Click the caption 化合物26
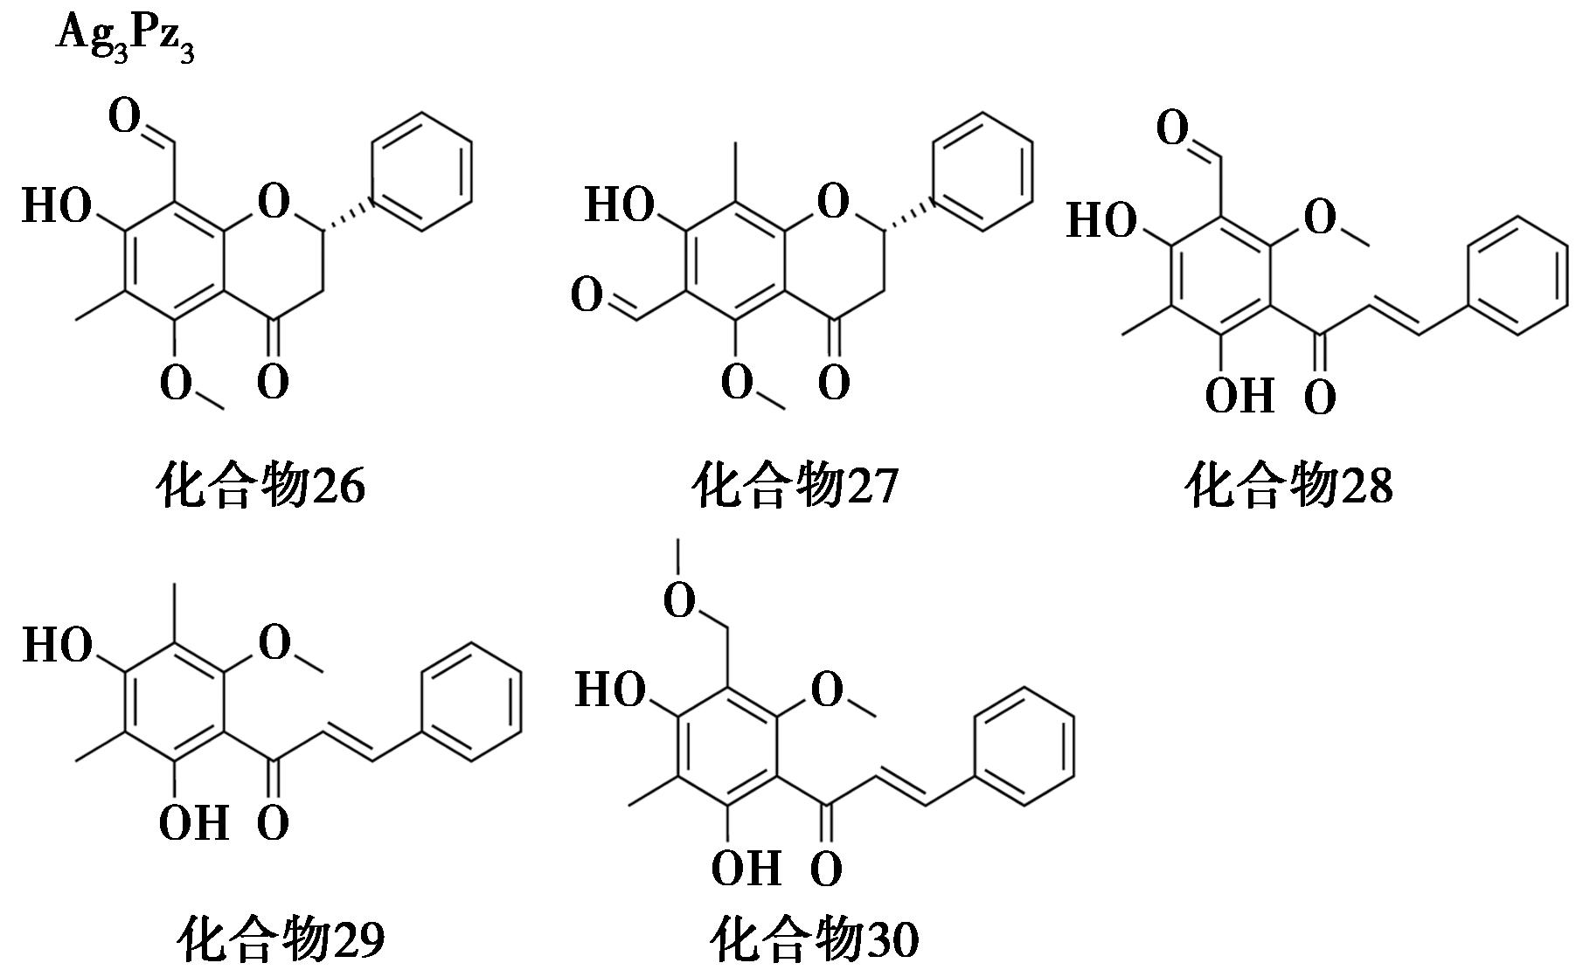pos(260,486)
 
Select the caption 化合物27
pos(795,486)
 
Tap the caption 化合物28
pos(1288,486)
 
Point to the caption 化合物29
pos(281,940)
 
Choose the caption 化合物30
pos(815,940)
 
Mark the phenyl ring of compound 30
pos(1024,746)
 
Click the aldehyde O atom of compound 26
pos(124,117)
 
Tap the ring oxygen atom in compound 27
pos(833,203)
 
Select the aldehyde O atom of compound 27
pos(587,296)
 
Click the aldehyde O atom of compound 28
pos(1172,129)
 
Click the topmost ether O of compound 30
pos(679,600)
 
